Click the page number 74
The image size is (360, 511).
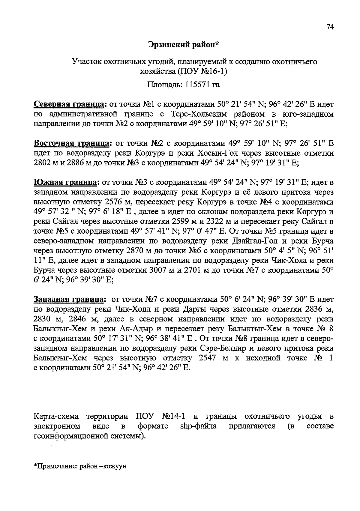pyautogui.click(x=330, y=27)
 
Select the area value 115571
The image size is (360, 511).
pyautogui.click(x=194, y=85)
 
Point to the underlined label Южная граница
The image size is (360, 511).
pyautogui.click(x=66, y=182)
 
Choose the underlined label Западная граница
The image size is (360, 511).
pyautogui.click(x=69, y=299)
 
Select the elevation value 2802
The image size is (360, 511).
pyautogui.click(x=43, y=163)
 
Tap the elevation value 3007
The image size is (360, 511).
pyautogui.click(x=158, y=270)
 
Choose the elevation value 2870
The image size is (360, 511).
pyautogui.click(x=137, y=251)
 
